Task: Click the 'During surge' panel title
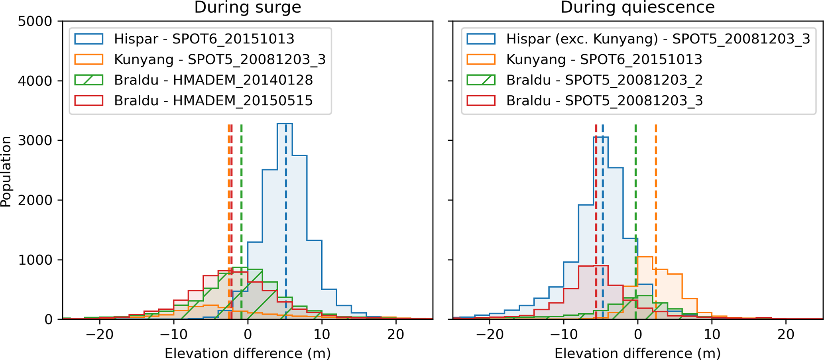[x=248, y=8]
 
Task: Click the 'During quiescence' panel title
[x=637, y=8]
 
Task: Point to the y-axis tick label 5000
[x=35, y=21]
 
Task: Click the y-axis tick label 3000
[x=35, y=140]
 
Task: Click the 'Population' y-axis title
[x=6, y=171]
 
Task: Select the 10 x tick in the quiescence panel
[x=712, y=334]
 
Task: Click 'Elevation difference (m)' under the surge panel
[x=248, y=353]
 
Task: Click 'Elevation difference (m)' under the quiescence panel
[x=637, y=353]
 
